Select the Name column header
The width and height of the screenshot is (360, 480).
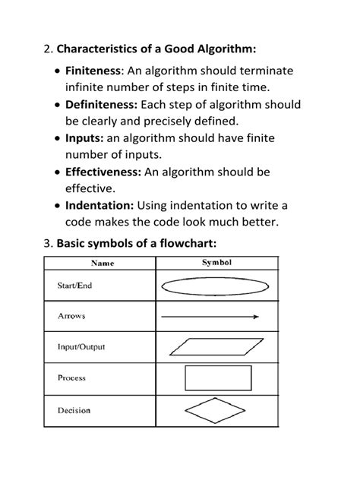pos(103,264)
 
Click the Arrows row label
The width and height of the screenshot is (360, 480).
pos(71,315)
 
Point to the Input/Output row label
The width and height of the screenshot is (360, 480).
pos(81,347)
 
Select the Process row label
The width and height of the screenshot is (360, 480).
pos(71,377)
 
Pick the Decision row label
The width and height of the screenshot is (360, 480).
pos(74,410)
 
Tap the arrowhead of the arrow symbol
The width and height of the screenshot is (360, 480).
pos(255,317)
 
